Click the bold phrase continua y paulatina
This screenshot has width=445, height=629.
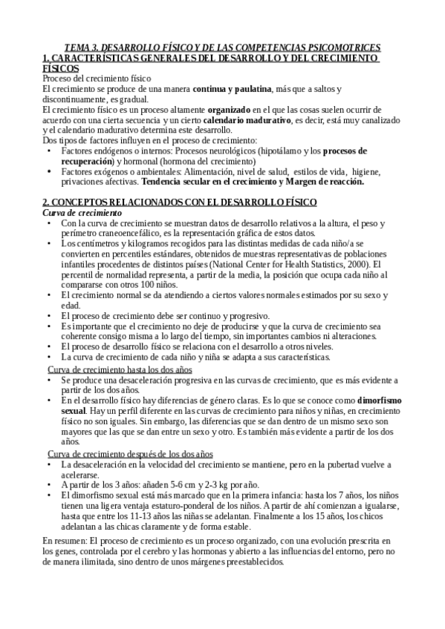pyautogui.click(x=231, y=88)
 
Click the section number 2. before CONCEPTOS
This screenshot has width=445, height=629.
pyautogui.click(x=45, y=202)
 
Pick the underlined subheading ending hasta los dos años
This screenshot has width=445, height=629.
pyautogui.click(x=120, y=368)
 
